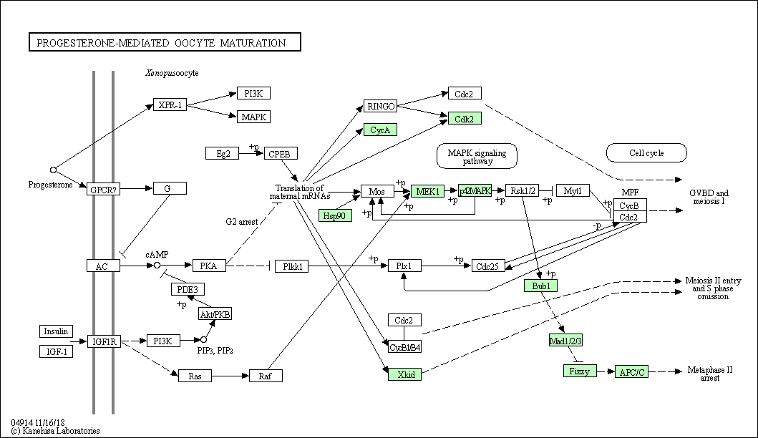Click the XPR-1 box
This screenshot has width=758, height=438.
(x=170, y=105)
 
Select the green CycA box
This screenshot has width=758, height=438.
(x=380, y=130)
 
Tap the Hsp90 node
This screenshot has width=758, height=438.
(x=335, y=215)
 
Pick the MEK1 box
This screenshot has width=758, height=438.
(x=427, y=191)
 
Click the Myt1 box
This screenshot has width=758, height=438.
(x=573, y=190)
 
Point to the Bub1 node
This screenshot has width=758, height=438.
(x=541, y=286)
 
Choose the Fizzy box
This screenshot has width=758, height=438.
(x=580, y=371)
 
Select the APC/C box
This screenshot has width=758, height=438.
(x=631, y=371)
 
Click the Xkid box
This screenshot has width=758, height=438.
(x=404, y=374)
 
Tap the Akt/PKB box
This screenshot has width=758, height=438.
(x=215, y=313)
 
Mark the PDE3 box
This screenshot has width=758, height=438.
(x=188, y=289)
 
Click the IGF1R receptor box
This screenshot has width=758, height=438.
(x=104, y=342)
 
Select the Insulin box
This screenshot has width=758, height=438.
(x=56, y=331)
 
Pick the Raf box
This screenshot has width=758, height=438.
(x=266, y=376)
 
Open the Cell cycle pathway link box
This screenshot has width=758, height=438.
(x=646, y=152)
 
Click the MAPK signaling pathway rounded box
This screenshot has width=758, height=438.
(x=477, y=156)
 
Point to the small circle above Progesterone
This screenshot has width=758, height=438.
(x=53, y=170)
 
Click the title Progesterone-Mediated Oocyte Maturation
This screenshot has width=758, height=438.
(x=161, y=42)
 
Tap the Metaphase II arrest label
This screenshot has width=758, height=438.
(x=709, y=374)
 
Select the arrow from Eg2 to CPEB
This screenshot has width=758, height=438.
(x=251, y=154)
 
